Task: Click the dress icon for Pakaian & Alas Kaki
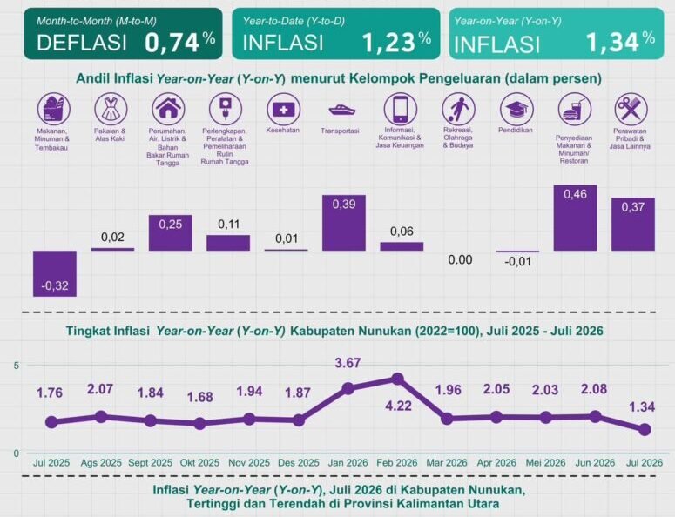pyautogui.click(x=111, y=109)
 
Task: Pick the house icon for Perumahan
pyautogui.click(x=168, y=109)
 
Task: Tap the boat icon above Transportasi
pyautogui.click(x=342, y=111)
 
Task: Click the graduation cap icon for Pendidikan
pyautogui.click(x=516, y=109)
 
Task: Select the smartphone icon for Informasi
pyautogui.click(x=401, y=109)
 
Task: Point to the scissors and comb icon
pyautogui.click(x=631, y=109)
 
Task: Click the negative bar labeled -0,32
pyautogui.click(x=55, y=273)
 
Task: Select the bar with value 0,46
pyautogui.click(x=575, y=218)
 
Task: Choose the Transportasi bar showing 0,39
pyautogui.click(x=344, y=223)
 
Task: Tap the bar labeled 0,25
pyautogui.click(x=171, y=232)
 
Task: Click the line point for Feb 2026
pyautogui.click(x=397, y=379)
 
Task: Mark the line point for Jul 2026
pyautogui.click(x=645, y=429)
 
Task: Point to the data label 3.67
pyautogui.click(x=348, y=363)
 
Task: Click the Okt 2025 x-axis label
pyautogui.click(x=199, y=463)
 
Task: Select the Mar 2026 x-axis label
pyautogui.click(x=447, y=463)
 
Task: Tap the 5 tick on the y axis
pyautogui.click(x=17, y=366)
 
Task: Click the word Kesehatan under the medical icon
pyautogui.click(x=283, y=130)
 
